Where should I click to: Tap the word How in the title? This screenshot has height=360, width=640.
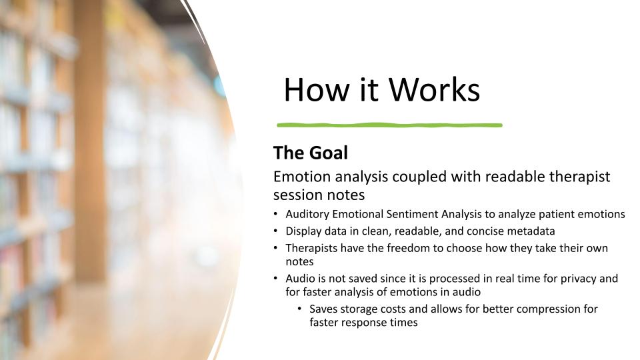coord(317,89)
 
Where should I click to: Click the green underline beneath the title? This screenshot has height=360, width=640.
coord(389,125)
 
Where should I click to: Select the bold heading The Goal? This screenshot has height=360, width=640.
coord(311,153)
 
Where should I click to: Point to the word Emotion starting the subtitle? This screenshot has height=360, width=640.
coord(302,177)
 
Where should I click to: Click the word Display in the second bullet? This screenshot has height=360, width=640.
coord(304,231)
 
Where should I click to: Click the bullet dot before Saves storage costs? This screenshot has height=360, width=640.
coord(299,309)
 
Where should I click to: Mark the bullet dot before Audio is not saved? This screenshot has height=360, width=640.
coord(275,278)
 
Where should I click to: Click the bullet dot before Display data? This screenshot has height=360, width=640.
coord(275,231)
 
